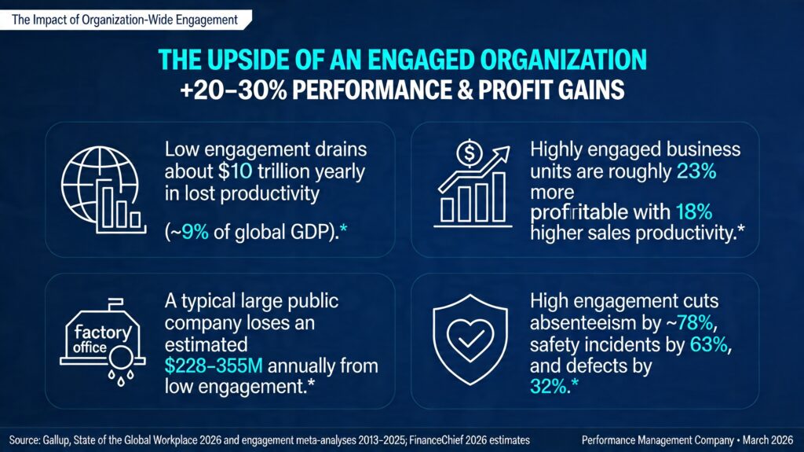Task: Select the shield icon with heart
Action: (470, 340)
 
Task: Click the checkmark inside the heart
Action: (470, 339)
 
